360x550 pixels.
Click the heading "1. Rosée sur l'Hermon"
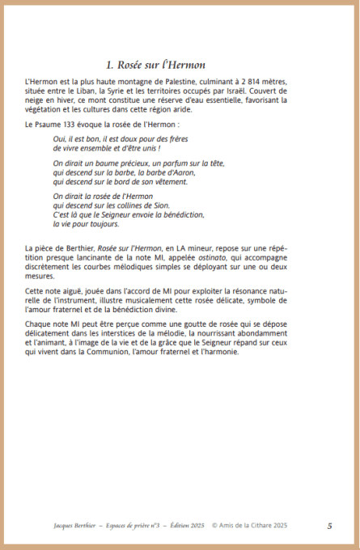click(156, 64)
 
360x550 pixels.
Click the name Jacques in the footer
click(40, 525)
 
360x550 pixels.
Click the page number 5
click(329, 525)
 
